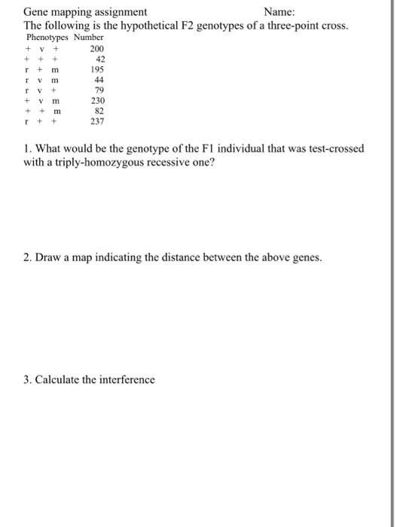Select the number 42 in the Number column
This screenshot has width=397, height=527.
(x=99, y=59)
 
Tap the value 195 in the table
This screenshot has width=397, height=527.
(x=96, y=69)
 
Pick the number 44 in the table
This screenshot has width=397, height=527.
(x=99, y=80)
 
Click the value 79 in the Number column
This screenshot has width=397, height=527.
(x=99, y=90)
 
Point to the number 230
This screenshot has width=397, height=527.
(x=96, y=100)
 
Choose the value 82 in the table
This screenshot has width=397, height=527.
(x=99, y=110)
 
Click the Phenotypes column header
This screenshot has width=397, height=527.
(x=47, y=37)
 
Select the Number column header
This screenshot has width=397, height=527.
(x=87, y=37)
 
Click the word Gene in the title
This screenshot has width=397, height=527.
(x=36, y=12)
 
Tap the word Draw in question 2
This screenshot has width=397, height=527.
(x=48, y=257)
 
